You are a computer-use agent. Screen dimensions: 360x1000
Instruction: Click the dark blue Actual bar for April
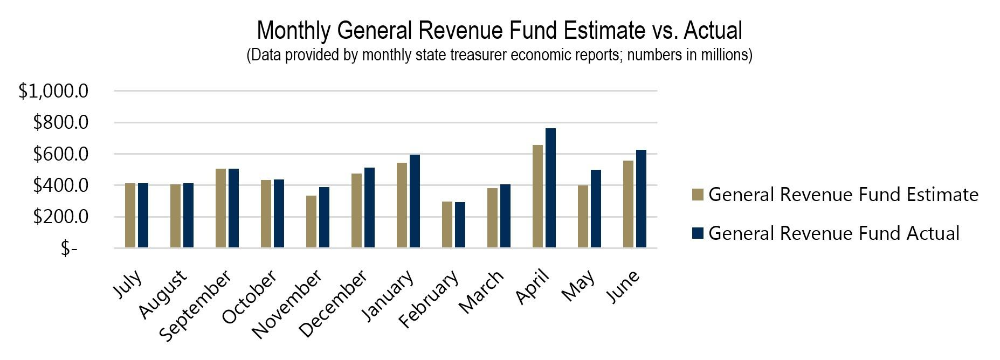pyautogui.click(x=550, y=188)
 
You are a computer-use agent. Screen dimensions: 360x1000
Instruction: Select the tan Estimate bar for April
pyautogui.click(x=537, y=197)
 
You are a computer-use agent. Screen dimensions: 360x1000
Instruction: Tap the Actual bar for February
pyautogui.click(x=460, y=225)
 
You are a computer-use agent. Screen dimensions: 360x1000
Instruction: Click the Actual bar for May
pyautogui.click(x=596, y=209)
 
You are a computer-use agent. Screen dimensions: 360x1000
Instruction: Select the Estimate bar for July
pyautogui.click(x=130, y=216)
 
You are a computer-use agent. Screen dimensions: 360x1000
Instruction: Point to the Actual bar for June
pyautogui.click(x=641, y=199)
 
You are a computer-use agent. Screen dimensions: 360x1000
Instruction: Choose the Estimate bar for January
pyautogui.click(x=402, y=205)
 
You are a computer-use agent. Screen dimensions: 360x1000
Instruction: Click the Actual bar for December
pyautogui.click(x=369, y=207)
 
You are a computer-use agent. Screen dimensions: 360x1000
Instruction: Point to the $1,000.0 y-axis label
pyautogui.click(x=53, y=92)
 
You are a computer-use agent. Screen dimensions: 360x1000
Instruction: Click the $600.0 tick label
pyautogui.click(x=60, y=155)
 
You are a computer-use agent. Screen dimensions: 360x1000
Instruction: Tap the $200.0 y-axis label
pyautogui.click(x=60, y=217)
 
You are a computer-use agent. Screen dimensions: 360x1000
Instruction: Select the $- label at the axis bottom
pyautogui.click(x=69, y=248)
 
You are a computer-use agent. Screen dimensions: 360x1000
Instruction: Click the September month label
pyautogui.click(x=196, y=306)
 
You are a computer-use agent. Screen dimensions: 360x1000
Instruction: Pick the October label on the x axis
pyautogui.click(x=249, y=297)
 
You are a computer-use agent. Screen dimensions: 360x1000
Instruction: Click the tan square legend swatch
pyautogui.click(x=698, y=195)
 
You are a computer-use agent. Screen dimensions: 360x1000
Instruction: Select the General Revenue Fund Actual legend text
pyautogui.click(x=833, y=233)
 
